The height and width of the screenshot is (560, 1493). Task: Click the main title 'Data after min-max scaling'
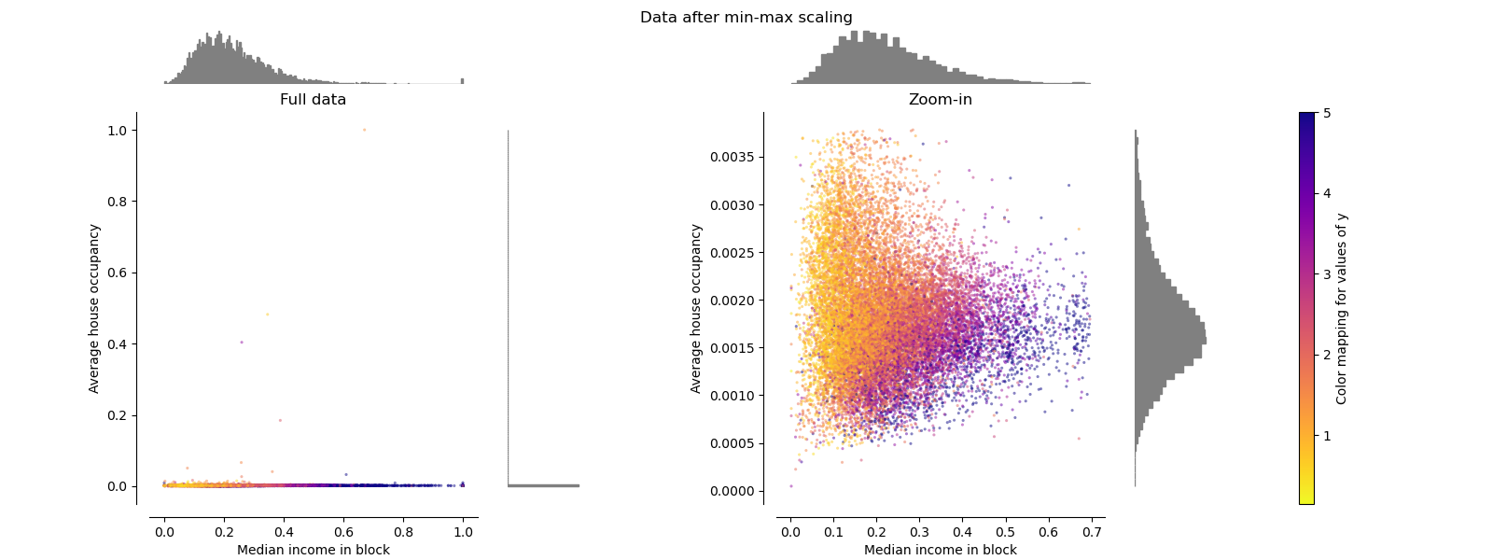pos(746,18)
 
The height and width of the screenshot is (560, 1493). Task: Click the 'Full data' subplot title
pos(313,100)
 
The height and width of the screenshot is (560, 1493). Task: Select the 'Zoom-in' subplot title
pos(940,100)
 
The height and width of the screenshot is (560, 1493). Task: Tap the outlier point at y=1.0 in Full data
pos(364,131)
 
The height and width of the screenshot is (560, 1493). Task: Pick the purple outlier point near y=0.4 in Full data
pos(242,343)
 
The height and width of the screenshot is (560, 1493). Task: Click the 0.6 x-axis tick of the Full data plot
pos(343,533)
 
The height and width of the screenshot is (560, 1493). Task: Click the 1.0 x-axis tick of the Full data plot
pos(463,533)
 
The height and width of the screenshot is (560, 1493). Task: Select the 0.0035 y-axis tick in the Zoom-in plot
pos(733,157)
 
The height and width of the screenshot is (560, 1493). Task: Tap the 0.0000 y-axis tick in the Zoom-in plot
pos(733,491)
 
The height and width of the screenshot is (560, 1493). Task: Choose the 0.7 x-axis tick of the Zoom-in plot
pos(1092,533)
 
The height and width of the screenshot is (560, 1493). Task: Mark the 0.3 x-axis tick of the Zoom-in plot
pos(919,533)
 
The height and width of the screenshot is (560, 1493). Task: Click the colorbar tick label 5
pos(1327,113)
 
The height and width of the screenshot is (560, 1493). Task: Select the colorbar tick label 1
pos(1327,436)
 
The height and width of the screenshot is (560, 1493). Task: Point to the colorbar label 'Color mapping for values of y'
pos(1342,309)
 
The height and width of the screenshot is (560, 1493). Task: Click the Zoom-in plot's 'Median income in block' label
pos(940,550)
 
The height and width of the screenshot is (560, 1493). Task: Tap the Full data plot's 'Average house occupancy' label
pos(94,308)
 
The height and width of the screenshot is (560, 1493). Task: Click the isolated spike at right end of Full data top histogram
pos(462,81)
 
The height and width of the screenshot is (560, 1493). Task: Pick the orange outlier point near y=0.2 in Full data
pos(280,420)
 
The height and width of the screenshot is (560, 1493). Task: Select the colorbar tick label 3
pos(1327,274)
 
